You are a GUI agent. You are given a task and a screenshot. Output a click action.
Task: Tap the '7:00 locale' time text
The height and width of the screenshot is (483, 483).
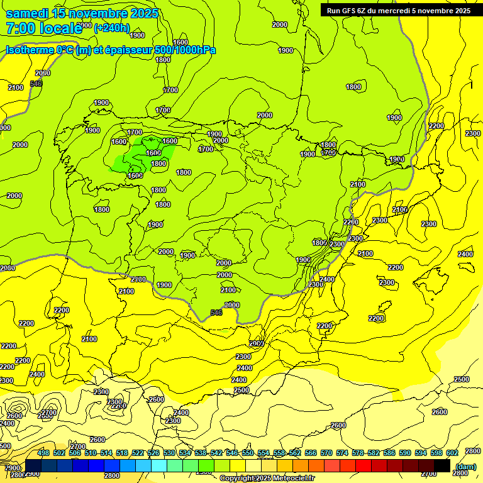point(44,28)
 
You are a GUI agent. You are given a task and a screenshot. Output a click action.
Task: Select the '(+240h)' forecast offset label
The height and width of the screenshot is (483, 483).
point(112,28)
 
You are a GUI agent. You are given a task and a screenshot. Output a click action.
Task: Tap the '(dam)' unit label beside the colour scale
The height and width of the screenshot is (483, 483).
point(465,466)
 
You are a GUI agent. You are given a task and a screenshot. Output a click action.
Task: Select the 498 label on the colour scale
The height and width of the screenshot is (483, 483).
point(43,453)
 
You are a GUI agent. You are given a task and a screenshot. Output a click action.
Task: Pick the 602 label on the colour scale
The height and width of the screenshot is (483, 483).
point(452,453)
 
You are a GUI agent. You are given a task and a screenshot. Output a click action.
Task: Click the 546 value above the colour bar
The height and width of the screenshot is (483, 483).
point(232,453)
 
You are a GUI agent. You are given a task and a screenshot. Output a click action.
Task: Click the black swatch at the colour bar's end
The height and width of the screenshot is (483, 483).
point(442,466)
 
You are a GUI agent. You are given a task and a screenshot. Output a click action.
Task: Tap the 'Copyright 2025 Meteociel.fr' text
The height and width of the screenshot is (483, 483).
point(267,479)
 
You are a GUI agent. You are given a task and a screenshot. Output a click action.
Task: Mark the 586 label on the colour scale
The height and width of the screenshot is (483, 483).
point(389,453)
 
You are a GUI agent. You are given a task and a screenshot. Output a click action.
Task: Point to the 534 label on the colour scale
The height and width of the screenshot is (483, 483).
point(185,453)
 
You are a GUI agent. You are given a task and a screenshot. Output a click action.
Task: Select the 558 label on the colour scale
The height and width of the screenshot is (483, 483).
point(279,453)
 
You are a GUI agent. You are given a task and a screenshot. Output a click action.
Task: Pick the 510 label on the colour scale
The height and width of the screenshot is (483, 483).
point(91,453)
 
